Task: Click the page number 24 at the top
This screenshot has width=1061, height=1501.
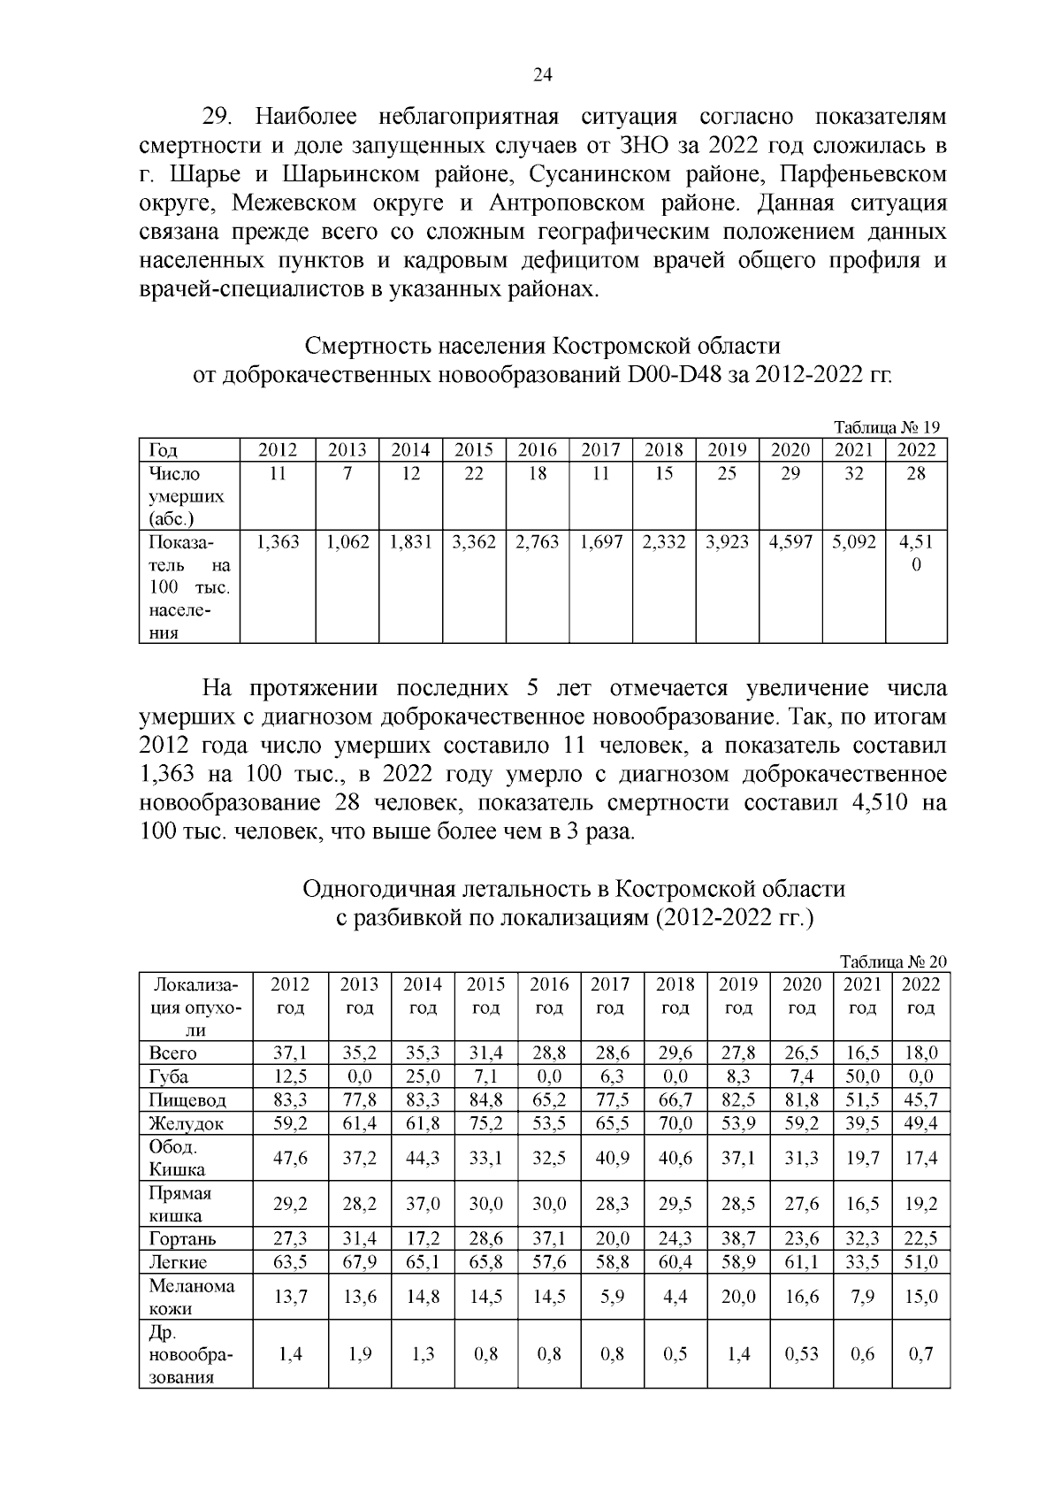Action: pos(543,76)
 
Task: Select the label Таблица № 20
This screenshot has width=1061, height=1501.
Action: pos(893,961)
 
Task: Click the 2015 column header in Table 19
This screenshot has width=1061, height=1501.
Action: pos(474,449)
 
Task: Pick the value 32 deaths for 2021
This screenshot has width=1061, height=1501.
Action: pos(853,473)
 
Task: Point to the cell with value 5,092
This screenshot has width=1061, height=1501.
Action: pos(853,542)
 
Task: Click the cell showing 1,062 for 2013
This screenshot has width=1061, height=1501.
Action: pos(347,542)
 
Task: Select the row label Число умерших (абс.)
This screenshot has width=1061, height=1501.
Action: pos(187,496)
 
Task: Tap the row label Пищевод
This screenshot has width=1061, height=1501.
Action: pos(187,1100)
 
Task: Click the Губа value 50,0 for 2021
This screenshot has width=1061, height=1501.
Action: pos(862,1076)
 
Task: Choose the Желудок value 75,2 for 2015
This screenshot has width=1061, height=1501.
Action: pos(485,1123)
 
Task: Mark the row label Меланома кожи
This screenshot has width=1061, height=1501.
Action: pos(192,1297)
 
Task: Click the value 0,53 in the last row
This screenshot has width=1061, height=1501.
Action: pos(801,1354)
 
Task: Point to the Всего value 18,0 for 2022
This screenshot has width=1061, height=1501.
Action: pos(920,1053)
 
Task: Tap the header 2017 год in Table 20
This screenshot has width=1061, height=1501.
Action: pos(610,996)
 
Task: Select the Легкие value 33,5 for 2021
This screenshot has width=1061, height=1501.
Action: pos(862,1262)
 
